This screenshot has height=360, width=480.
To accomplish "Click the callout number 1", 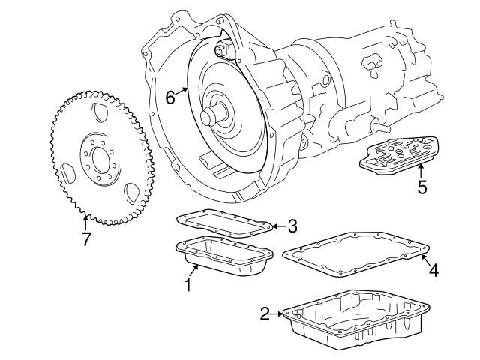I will point(188,285).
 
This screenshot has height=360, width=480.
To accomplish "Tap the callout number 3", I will point(293,226).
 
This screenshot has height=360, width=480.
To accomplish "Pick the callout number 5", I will point(421,187).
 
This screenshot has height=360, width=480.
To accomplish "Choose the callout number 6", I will point(170,96).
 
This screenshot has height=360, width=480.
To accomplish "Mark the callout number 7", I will point(86,241).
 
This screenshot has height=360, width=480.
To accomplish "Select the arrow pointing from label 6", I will point(184,89).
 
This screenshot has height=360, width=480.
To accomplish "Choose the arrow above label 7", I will point(85,222).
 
